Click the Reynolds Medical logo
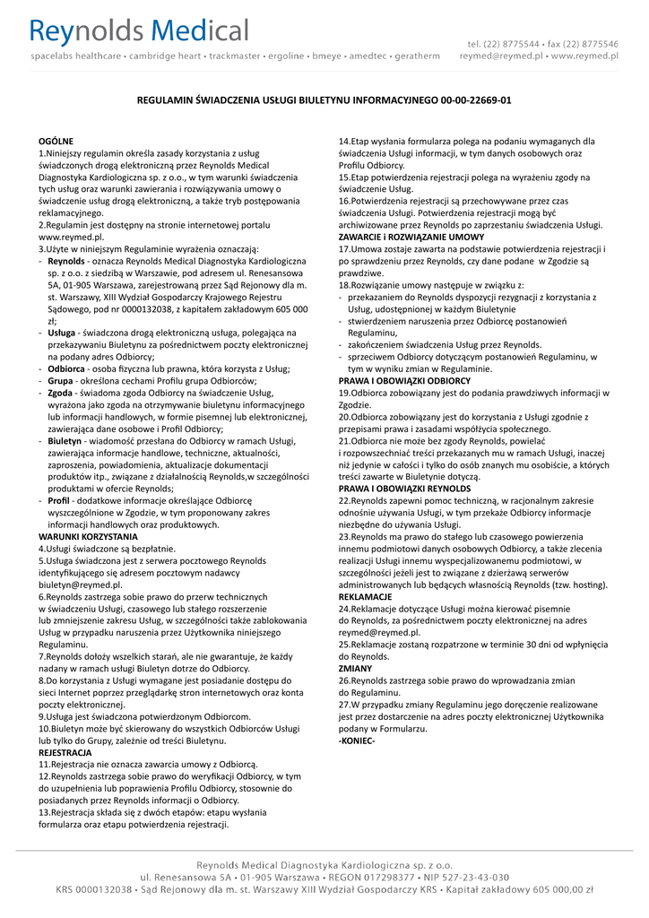(140, 33)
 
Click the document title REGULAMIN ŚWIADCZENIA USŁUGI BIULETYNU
(324, 100)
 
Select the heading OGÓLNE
(56, 142)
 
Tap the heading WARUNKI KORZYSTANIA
(82, 536)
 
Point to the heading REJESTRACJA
(65, 753)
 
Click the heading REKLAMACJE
(365, 596)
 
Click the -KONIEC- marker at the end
(357, 741)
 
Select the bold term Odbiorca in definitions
(66, 368)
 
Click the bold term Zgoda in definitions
(60, 393)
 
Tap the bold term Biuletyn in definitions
(65, 441)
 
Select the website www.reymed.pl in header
(584, 56)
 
